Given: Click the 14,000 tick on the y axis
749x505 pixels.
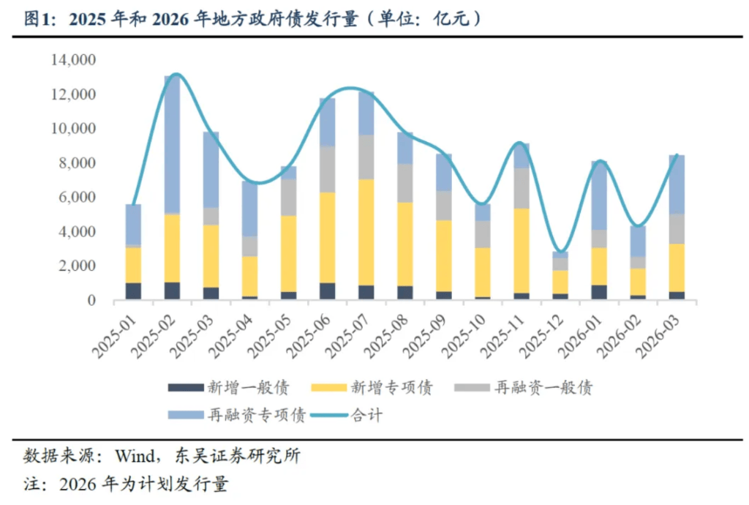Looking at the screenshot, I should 74,60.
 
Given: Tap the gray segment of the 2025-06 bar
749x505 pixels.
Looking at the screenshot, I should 327,169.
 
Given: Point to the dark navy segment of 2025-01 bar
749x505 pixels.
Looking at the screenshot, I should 133,291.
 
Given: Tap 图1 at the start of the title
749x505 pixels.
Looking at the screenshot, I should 38,20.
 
